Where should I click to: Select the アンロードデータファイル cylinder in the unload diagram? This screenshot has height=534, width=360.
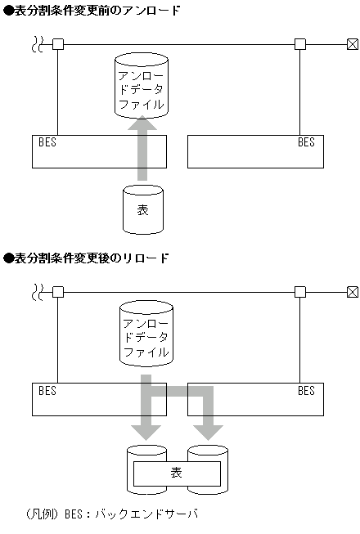[x=142, y=85]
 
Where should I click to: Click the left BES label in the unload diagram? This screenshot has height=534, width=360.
[x=47, y=142]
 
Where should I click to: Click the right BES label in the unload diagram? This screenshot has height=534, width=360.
[x=306, y=142]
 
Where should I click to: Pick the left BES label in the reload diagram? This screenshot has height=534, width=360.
[x=47, y=391]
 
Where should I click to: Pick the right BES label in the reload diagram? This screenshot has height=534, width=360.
[x=306, y=391]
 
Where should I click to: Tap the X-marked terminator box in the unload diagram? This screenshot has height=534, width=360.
[x=352, y=43]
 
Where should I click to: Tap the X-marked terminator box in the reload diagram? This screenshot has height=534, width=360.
[x=352, y=291]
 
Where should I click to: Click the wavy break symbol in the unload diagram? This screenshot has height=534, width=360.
[x=37, y=43]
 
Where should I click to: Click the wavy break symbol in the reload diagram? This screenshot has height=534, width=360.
[x=37, y=291]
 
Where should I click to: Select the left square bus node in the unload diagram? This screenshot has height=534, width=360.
[x=57, y=43]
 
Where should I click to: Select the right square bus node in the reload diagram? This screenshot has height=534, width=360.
[x=300, y=291]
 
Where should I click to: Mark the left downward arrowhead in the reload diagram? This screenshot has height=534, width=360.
[x=151, y=431]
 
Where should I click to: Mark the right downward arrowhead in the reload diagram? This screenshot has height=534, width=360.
[x=209, y=431]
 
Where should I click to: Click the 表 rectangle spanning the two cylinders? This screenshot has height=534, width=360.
[x=177, y=473]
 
